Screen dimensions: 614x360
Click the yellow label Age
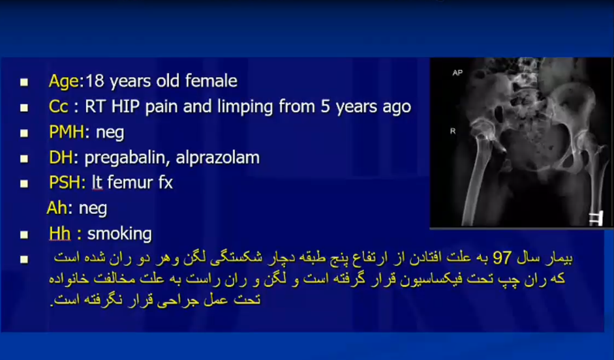[64, 82]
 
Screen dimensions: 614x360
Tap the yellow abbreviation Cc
[59, 107]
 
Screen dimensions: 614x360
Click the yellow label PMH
[66, 132]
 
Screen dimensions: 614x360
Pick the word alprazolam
[218, 158]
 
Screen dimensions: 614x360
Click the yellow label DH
[61, 158]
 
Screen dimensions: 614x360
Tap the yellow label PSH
[65, 183]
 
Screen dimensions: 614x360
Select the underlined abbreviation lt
[97, 183]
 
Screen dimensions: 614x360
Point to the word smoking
[119, 234]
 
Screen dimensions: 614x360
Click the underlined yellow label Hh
[60, 233]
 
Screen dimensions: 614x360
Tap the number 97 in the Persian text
[502, 258]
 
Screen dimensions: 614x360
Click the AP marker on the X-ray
[457, 73]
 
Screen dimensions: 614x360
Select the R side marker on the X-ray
[453, 131]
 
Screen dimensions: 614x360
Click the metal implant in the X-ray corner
[596, 218]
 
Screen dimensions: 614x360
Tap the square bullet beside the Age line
[24, 82]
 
